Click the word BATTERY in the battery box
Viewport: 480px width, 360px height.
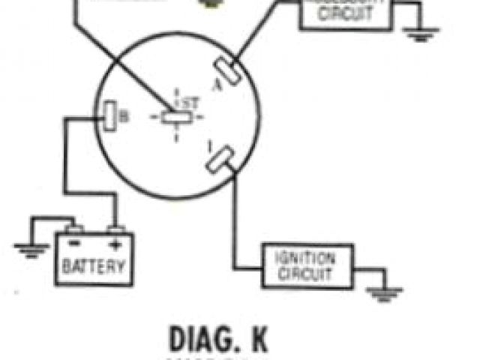tap(94, 265)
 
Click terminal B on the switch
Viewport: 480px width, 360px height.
tap(107, 115)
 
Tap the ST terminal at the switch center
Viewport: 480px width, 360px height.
tap(178, 117)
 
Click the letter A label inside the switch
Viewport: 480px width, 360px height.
tap(218, 84)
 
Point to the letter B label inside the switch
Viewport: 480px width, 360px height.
tap(124, 115)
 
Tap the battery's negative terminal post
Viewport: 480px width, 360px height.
tap(72, 229)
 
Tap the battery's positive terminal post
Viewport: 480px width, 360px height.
tap(114, 229)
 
